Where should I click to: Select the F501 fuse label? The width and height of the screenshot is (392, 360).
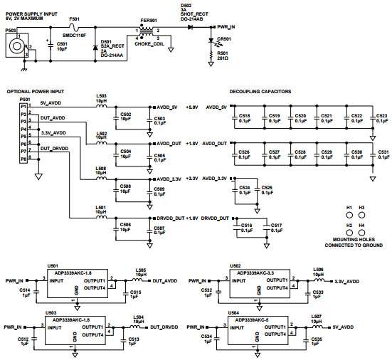[x=73, y=20]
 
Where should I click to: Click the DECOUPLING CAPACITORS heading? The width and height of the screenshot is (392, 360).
[x=260, y=92]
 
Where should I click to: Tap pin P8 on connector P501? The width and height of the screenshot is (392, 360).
[x=23, y=159]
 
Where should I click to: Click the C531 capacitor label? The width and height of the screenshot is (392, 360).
[x=383, y=152]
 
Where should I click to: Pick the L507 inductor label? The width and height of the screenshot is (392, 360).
[x=317, y=315]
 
